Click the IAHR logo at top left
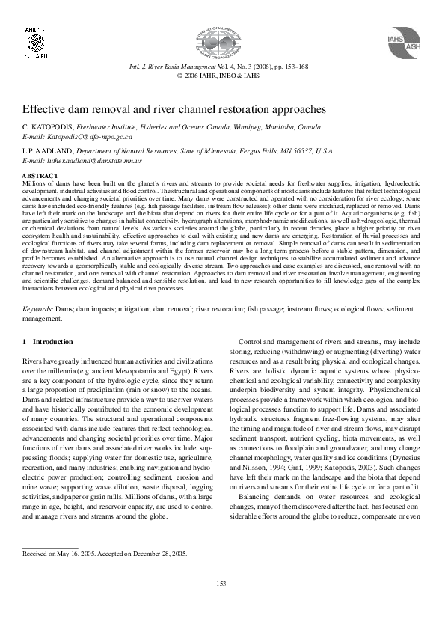coord(35,40)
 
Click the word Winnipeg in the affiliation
coord(239,128)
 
